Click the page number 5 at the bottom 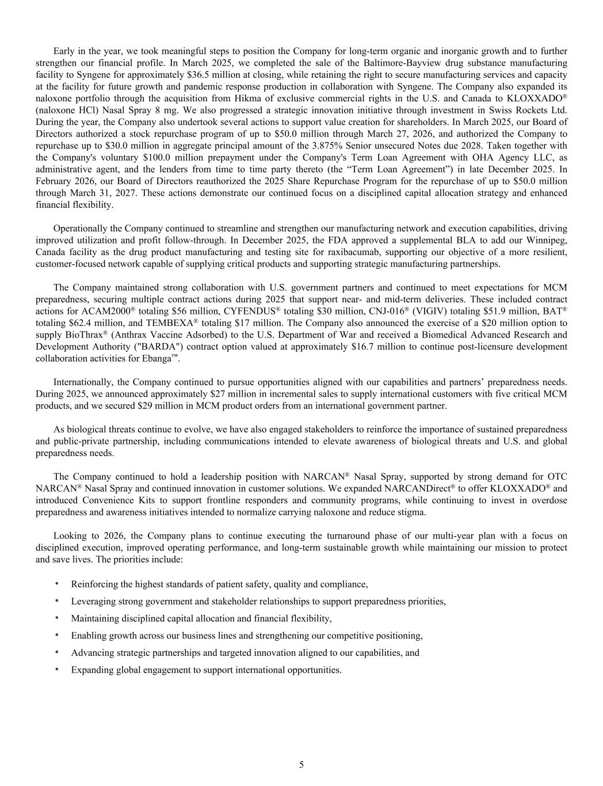pos(301,765)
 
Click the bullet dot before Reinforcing pos(57,584)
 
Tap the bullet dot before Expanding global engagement pos(57,669)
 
